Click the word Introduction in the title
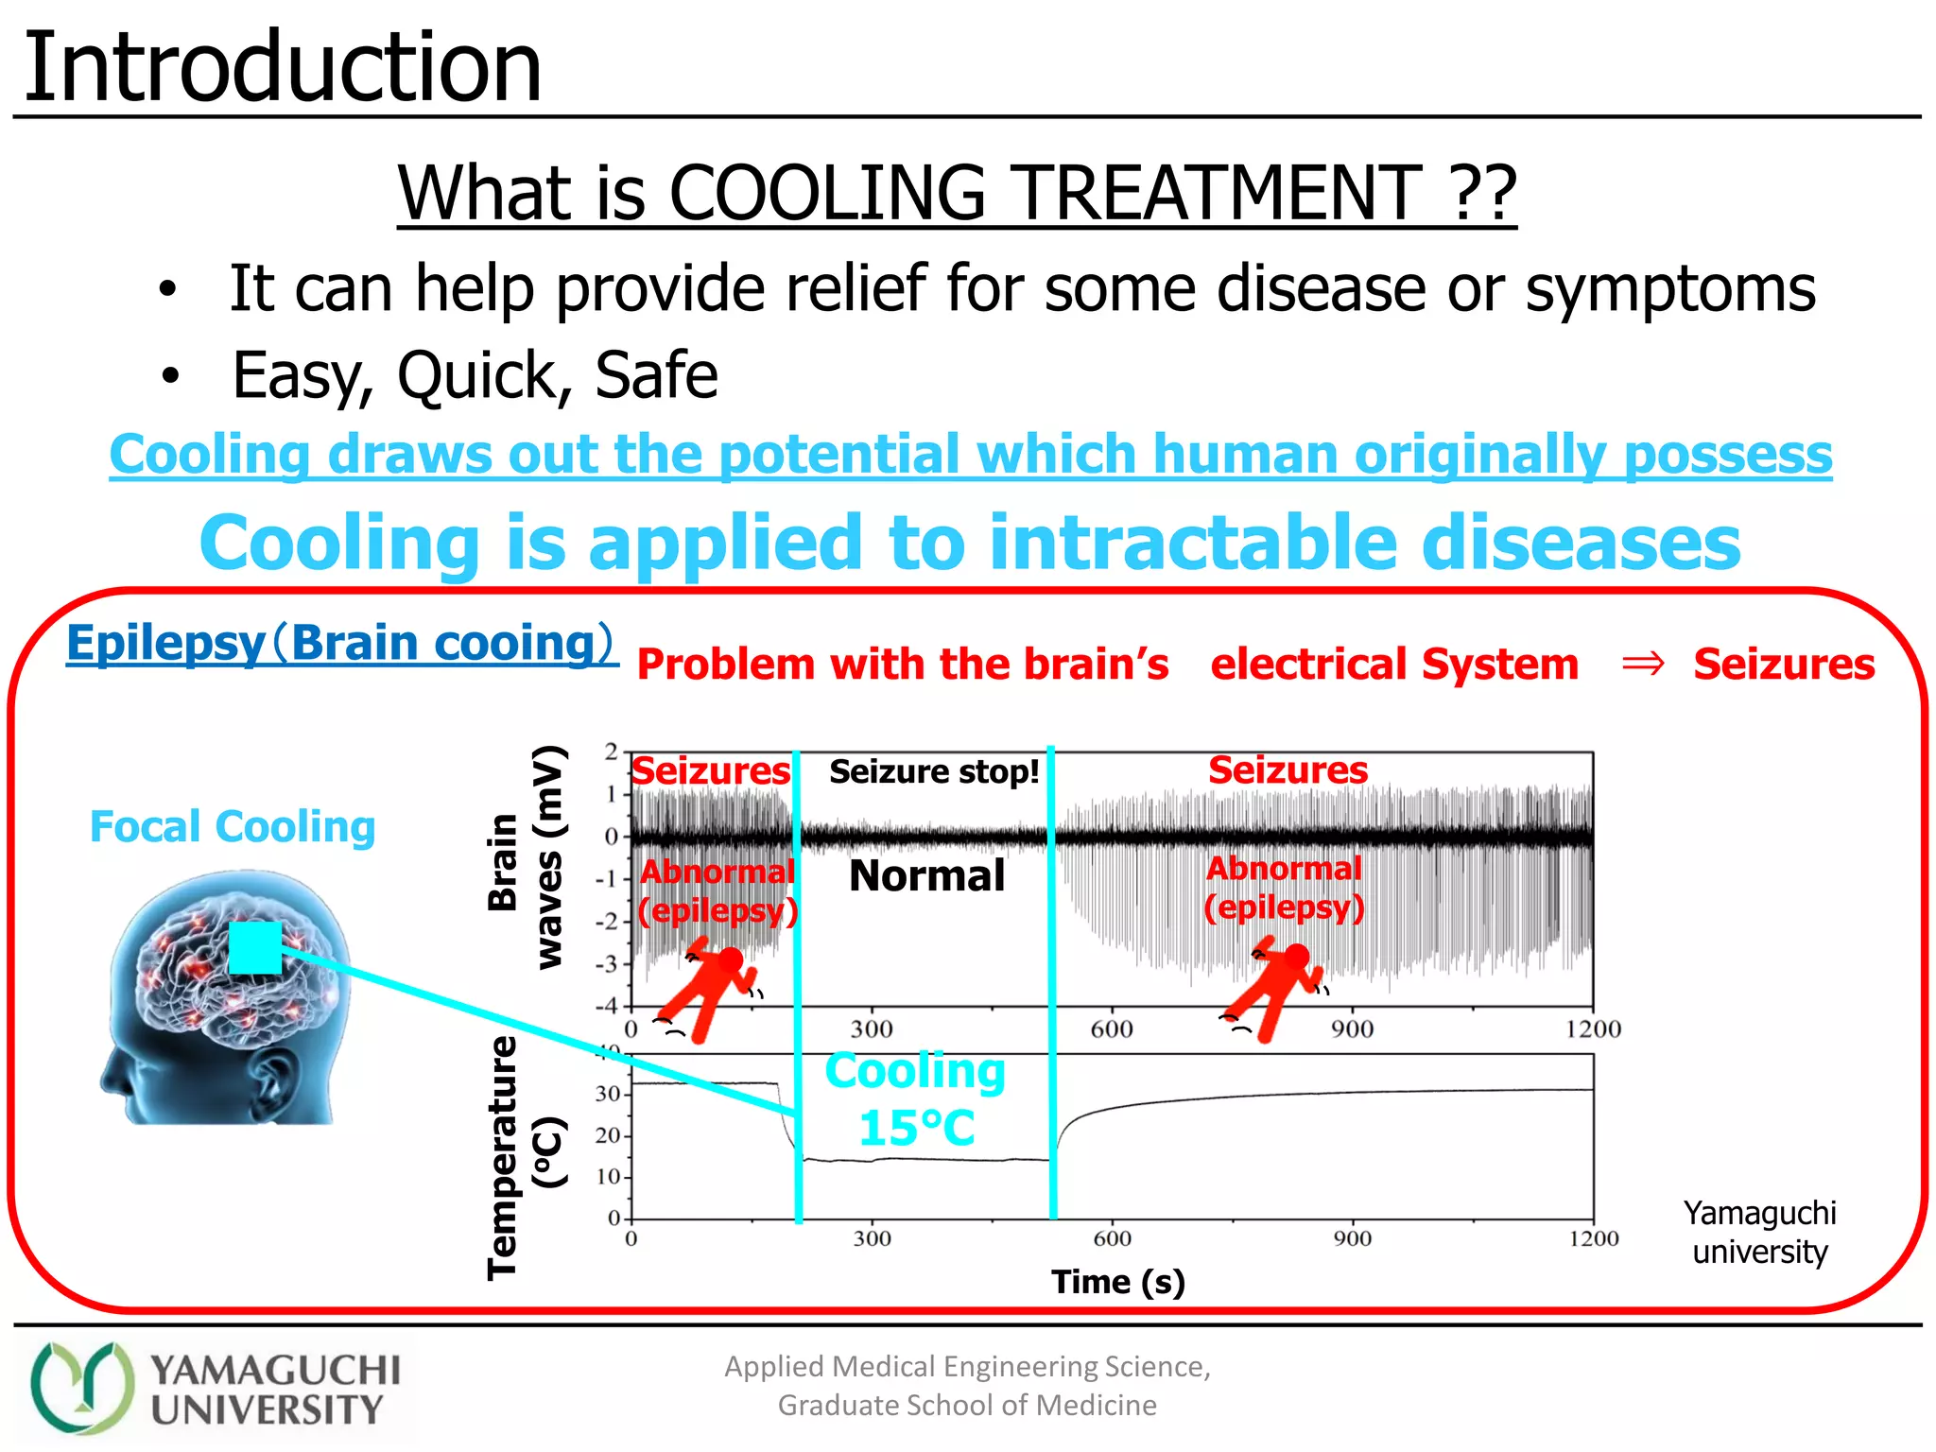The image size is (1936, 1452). click(282, 68)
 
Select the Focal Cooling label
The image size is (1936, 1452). click(233, 827)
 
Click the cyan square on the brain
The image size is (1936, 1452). click(255, 947)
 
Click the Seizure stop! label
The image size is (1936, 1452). click(934, 772)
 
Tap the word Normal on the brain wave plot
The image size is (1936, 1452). click(926, 876)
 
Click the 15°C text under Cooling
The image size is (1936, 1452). click(916, 1129)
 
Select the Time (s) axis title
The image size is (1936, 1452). click(1117, 1282)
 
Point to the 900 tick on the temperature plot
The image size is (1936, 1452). click(1352, 1239)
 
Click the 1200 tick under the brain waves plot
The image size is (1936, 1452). click(1593, 1029)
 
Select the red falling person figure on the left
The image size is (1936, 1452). click(709, 988)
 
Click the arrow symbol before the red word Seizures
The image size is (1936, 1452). click(1642, 665)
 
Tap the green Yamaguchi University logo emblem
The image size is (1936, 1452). click(81, 1388)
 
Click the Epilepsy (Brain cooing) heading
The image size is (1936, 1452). click(340, 644)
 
